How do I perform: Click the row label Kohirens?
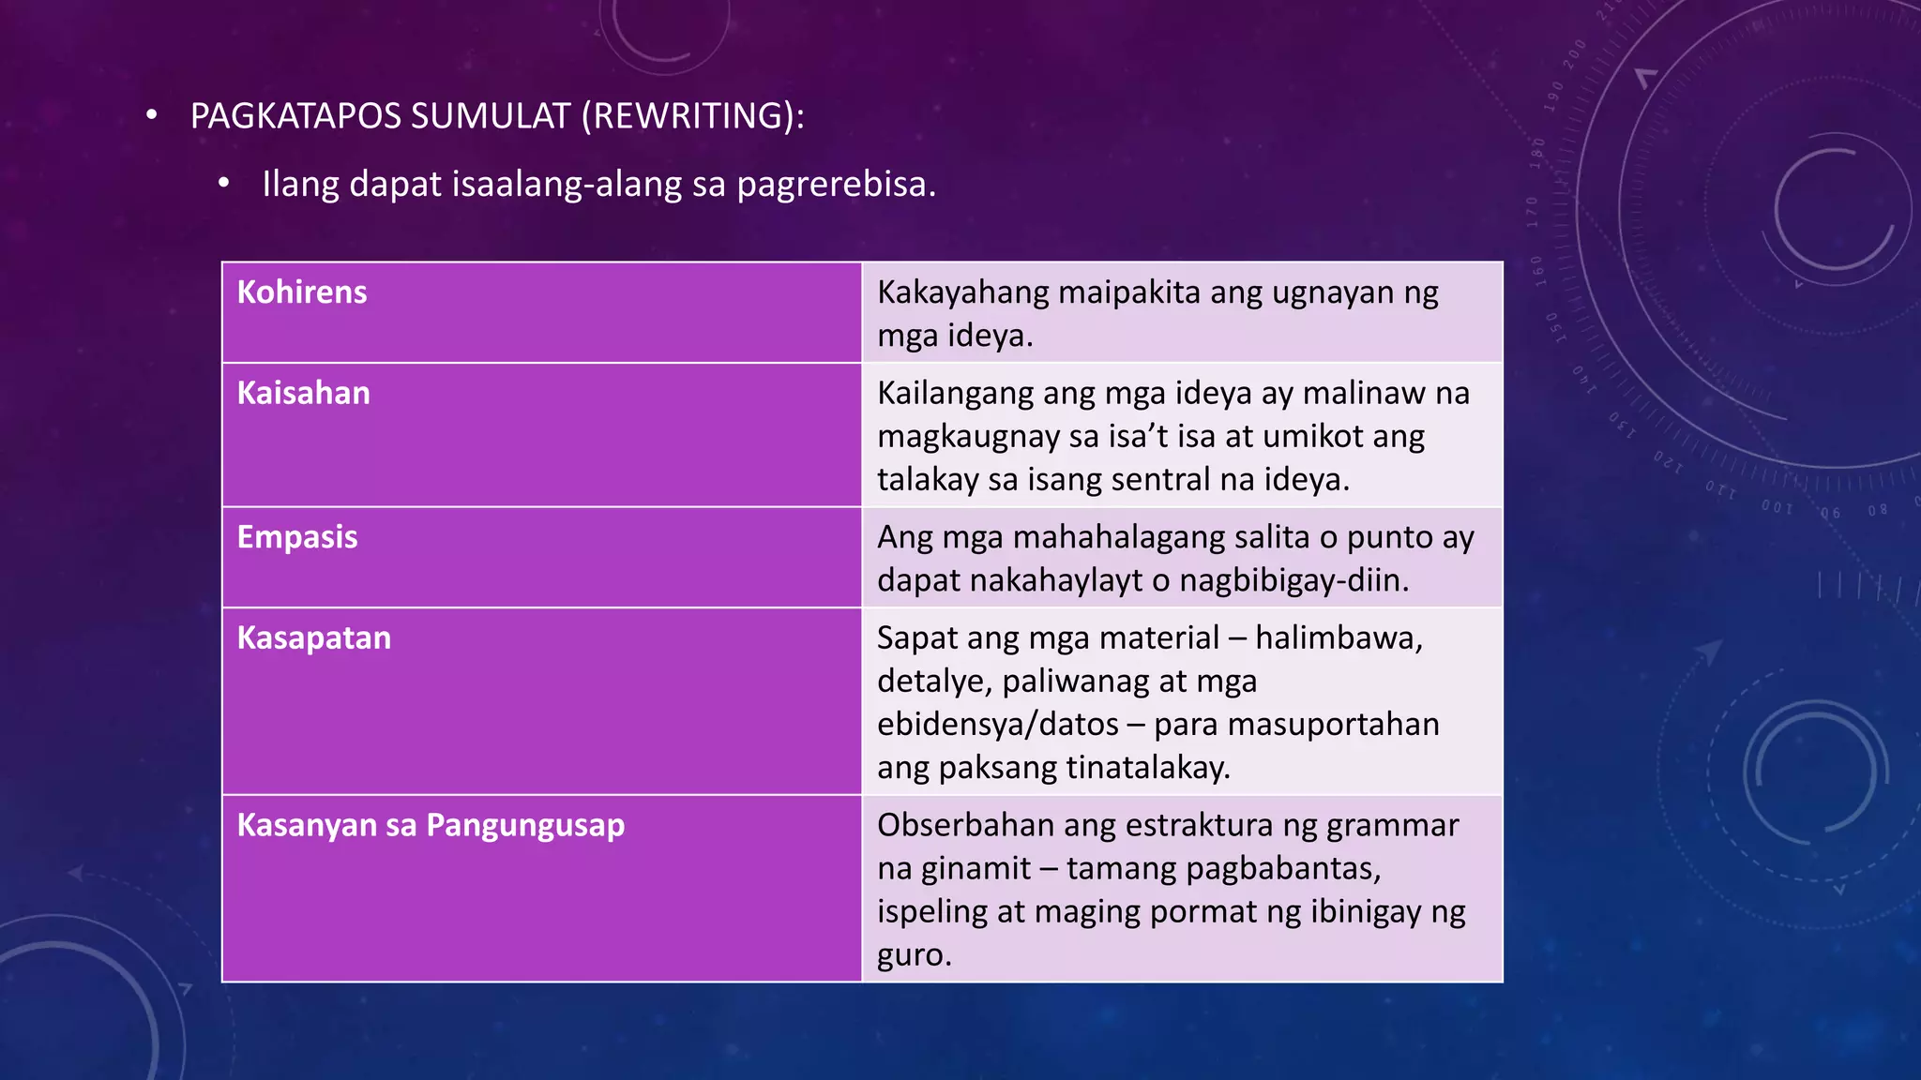[301, 292]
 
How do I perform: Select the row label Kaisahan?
[303, 393]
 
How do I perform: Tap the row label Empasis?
[296, 537]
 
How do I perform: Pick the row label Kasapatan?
[313, 638]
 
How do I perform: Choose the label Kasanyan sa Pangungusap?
[431, 826]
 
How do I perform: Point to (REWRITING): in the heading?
[692, 116]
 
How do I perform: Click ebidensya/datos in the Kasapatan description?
[997, 725]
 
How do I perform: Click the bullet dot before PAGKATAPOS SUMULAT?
[152, 116]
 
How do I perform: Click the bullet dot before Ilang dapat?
[223, 184]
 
